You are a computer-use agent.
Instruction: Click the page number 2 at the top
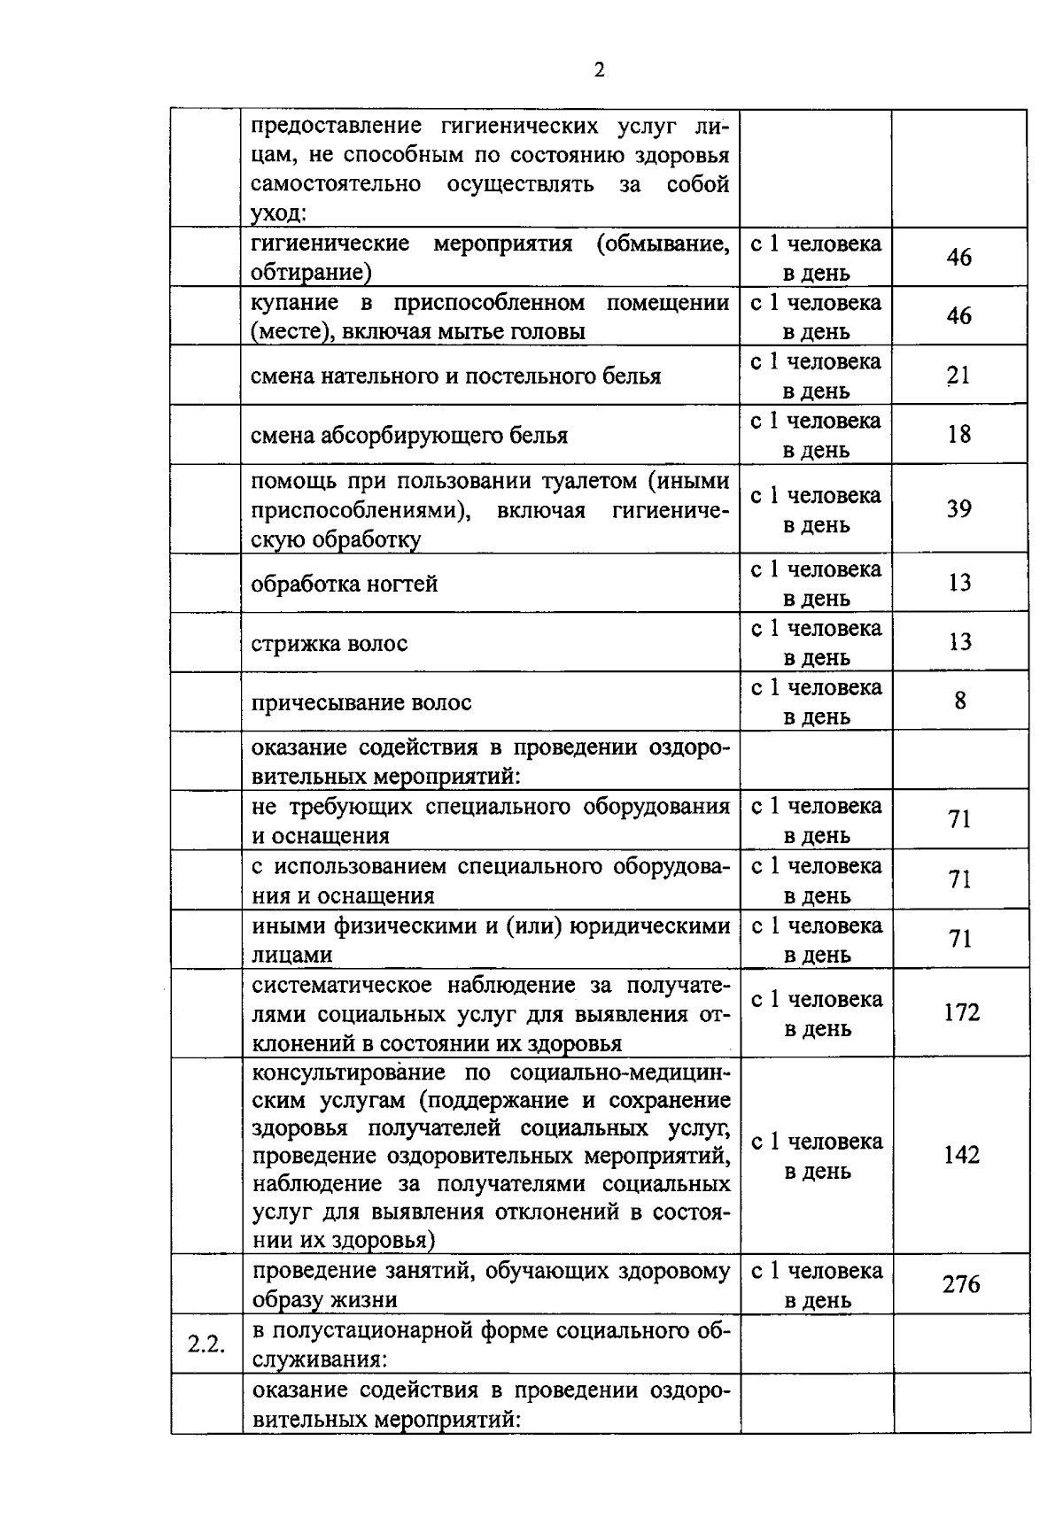(599, 71)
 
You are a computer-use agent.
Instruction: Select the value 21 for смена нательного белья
(958, 376)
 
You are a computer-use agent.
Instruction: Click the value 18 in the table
(958, 434)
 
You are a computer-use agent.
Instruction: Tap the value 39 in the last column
(958, 508)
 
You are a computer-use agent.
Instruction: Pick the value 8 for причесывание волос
(960, 701)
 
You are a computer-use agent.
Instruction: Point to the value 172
(961, 1012)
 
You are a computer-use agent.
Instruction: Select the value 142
(961, 1155)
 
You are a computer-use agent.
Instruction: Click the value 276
(961, 1283)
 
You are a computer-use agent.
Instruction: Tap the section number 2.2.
(206, 1344)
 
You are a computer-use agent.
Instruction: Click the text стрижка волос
(330, 643)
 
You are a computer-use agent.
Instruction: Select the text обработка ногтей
(345, 585)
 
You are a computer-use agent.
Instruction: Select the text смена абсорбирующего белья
(409, 436)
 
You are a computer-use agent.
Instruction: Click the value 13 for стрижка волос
(959, 641)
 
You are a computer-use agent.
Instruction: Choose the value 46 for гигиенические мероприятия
(958, 258)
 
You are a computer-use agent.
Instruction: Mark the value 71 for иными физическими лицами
(960, 938)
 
